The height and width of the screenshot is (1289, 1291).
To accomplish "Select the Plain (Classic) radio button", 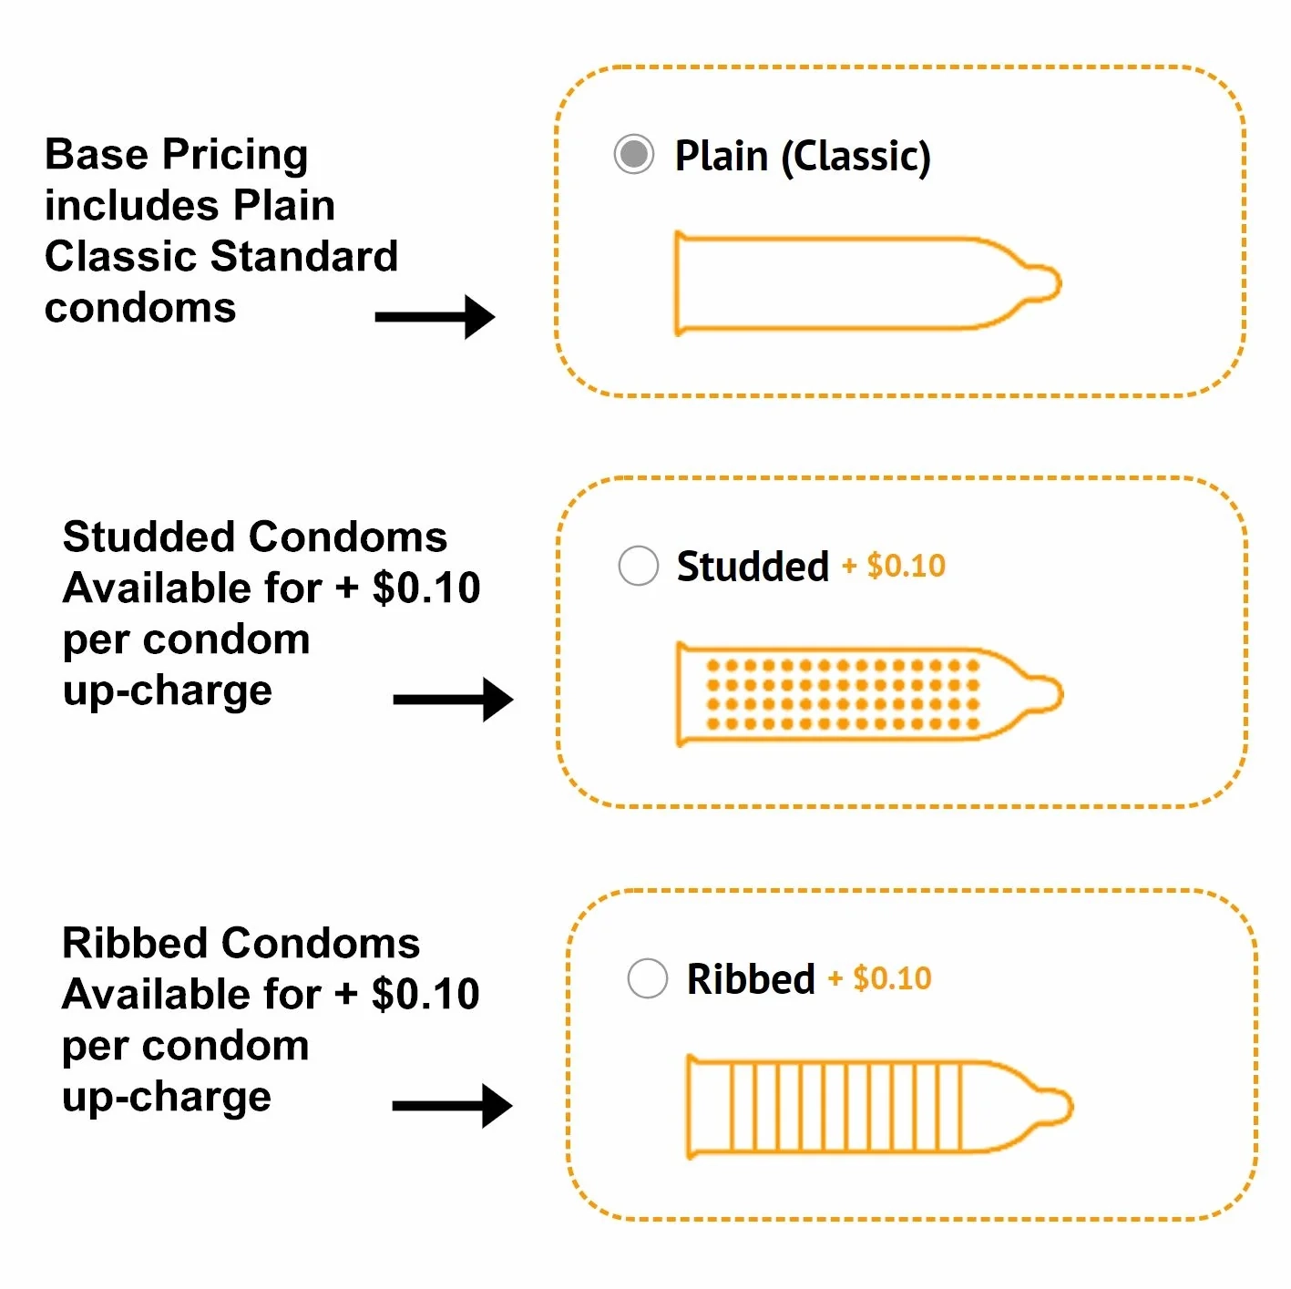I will pyautogui.click(x=634, y=154).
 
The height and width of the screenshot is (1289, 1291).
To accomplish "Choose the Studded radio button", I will pyautogui.click(x=638, y=566).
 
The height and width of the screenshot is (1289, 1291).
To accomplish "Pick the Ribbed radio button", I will pyautogui.click(x=648, y=978).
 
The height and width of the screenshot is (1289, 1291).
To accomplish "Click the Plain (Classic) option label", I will pyautogui.click(x=802, y=156).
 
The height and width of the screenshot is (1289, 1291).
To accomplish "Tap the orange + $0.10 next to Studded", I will pyautogui.click(x=894, y=566).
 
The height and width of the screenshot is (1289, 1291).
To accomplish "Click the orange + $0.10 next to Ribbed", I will pyautogui.click(x=880, y=978).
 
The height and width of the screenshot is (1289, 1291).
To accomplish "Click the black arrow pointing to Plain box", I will pyautogui.click(x=435, y=316).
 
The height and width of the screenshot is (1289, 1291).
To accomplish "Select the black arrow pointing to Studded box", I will pyautogui.click(x=453, y=700).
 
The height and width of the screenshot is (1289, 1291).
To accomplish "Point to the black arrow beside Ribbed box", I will pyautogui.click(x=452, y=1106).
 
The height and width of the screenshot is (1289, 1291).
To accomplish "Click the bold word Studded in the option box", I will pyautogui.click(x=753, y=567).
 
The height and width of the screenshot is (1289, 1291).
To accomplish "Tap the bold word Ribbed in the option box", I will pyautogui.click(x=751, y=979).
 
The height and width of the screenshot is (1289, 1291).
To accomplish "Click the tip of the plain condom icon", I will pyautogui.click(x=1048, y=283).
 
